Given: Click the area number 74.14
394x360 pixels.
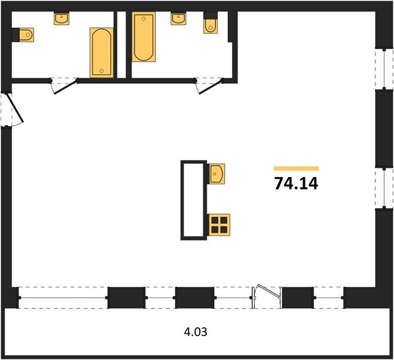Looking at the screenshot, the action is pos(296,183).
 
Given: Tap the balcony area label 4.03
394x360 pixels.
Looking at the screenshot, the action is pos(196,332).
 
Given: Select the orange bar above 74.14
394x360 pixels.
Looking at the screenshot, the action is pos(296,169).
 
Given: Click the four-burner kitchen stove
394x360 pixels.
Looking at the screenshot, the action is pos(219,225).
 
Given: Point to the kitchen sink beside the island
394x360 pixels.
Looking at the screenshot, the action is pos(217,174).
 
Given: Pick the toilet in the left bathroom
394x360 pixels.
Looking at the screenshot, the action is pos(23,35).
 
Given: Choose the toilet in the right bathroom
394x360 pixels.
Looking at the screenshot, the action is pos(210,23).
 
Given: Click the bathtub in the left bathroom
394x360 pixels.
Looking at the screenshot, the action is pos(101,53).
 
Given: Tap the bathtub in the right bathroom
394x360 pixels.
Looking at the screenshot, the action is pos(143,37).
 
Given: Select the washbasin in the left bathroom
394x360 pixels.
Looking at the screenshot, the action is pos(62,19).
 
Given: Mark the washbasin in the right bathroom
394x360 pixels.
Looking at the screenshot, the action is pos(178,19).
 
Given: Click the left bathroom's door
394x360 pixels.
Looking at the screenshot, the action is pos(65,87).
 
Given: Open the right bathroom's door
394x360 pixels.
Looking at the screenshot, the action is pos(210,87).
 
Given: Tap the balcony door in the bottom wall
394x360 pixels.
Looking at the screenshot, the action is pos(266,296).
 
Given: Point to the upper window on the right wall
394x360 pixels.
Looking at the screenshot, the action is pos(384,69).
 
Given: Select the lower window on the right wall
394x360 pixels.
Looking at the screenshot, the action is pos(384,188).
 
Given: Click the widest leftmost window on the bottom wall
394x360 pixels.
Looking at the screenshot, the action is pos(63,298).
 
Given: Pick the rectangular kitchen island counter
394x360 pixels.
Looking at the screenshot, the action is pos(194,200).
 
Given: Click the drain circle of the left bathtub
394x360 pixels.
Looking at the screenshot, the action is pos(102,71).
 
